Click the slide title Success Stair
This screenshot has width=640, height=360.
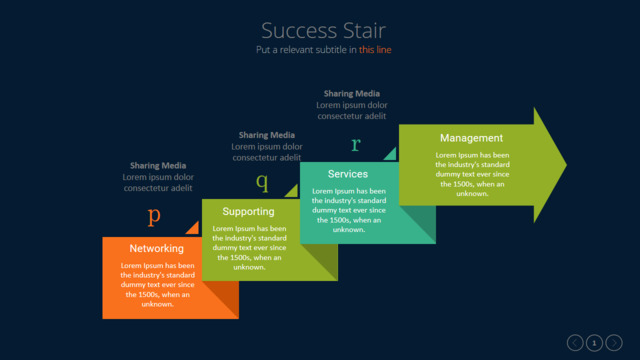pyautogui.click(x=323, y=31)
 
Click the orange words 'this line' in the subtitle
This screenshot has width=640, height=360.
pyautogui.click(x=375, y=50)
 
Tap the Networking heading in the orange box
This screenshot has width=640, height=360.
pyautogui.click(x=157, y=249)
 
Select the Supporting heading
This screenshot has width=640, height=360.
pyautogui.click(x=248, y=212)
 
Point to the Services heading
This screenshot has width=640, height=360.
pyautogui.click(x=348, y=174)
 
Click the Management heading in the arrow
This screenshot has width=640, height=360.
pyautogui.click(x=471, y=138)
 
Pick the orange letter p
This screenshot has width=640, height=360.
pyautogui.click(x=154, y=216)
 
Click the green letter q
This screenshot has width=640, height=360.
pyautogui.click(x=262, y=182)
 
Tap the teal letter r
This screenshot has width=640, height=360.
pyautogui.click(x=356, y=144)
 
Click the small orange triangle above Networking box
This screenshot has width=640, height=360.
pyautogui.click(x=194, y=229)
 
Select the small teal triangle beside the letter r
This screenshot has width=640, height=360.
pyautogui.click(x=391, y=155)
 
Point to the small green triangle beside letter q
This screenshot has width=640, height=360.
pyautogui.click(x=293, y=192)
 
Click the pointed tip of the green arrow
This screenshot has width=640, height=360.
pyautogui.click(x=567, y=165)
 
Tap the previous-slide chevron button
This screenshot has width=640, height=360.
pyautogui.click(x=575, y=343)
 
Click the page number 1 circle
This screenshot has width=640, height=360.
pyautogui.click(x=594, y=343)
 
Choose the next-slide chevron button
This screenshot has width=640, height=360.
pyautogui.click(x=614, y=343)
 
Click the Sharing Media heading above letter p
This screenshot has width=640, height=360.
pyautogui.click(x=158, y=166)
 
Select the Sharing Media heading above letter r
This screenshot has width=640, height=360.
pyautogui.click(x=351, y=94)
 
